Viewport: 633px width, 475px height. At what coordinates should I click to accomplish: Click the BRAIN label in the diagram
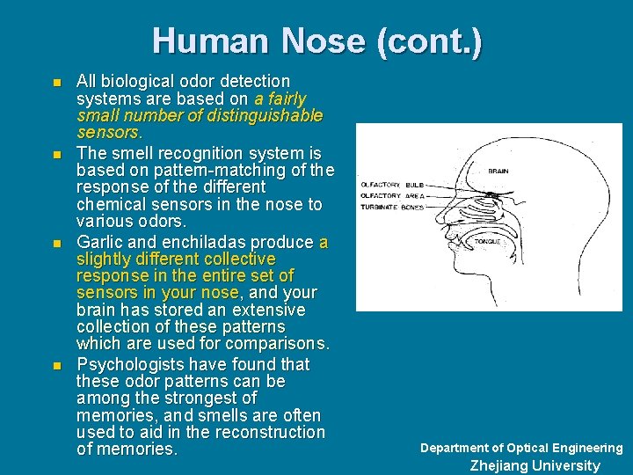pos(498,171)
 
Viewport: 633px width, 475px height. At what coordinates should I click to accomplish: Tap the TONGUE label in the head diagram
pos(487,240)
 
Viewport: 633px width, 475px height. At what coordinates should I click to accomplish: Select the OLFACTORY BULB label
pos(392,184)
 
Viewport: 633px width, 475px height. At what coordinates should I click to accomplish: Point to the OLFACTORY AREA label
pos(392,195)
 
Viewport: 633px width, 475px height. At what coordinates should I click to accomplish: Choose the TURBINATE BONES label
pos(392,207)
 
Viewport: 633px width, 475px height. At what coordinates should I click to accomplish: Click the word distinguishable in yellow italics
pos(264,115)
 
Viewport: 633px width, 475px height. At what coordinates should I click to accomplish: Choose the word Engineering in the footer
pos(586,448)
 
